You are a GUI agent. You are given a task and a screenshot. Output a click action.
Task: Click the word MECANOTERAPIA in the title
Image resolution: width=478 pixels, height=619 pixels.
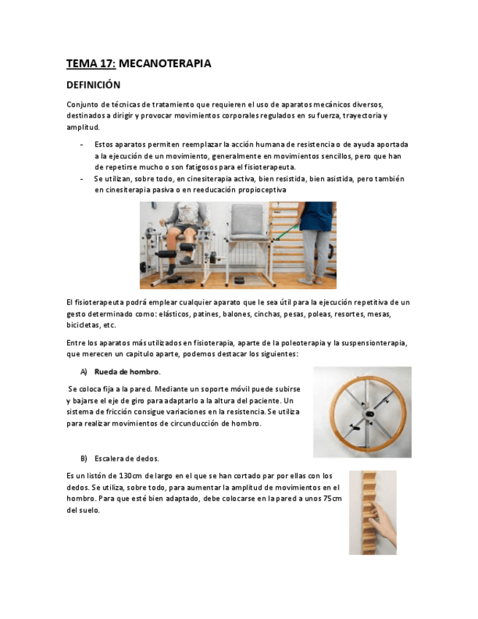[x=165, y=64]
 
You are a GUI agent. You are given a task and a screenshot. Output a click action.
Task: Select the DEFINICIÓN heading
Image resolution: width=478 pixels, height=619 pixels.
[x=93, y=85]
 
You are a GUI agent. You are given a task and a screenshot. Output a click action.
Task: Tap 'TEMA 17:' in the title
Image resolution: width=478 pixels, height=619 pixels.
[x=90, y=64]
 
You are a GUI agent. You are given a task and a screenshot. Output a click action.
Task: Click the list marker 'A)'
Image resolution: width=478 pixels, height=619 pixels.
[x=84, y=372]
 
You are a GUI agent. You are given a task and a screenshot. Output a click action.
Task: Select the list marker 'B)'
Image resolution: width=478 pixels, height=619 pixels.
[x=84, y=458]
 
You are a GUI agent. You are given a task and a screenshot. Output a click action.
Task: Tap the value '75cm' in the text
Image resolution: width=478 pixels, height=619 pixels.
[x=332, y=499]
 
